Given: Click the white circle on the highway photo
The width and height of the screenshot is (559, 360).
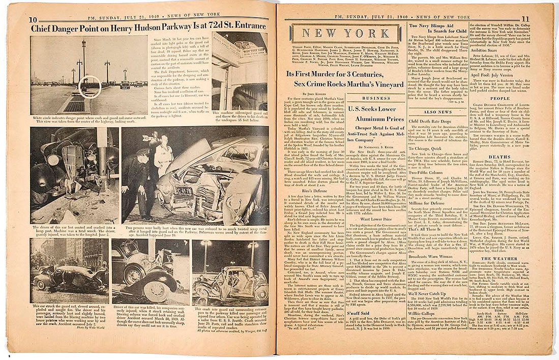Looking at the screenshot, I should click(91, 86).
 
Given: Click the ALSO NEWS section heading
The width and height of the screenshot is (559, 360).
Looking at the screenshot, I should click(437, 112).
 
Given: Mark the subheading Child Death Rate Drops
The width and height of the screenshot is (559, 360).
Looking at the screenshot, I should click(432, 122).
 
